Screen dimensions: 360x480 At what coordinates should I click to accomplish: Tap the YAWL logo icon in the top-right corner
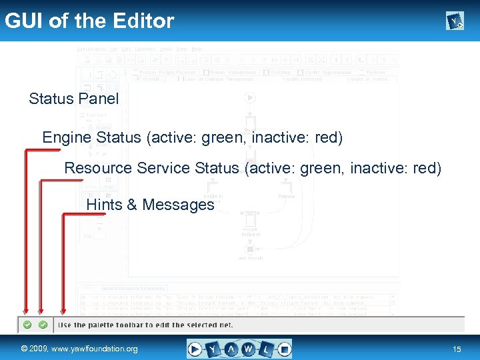[x=455, y=22]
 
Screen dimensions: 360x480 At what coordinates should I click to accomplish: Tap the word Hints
[x=104, y=205]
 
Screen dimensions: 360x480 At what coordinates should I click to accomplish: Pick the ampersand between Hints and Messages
[x=131, y=205]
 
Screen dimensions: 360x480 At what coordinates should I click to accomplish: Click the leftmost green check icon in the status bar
[x=27, y=325]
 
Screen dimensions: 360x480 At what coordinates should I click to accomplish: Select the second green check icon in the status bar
[x=43, y=325]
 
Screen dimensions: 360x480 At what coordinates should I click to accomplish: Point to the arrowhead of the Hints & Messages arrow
[x=63, y=310]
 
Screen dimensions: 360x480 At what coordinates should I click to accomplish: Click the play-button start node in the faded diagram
[x=250, y=98]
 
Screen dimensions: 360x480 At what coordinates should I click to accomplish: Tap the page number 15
[x=457, y=349]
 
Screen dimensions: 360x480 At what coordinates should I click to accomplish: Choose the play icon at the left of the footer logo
[x=195, y=349]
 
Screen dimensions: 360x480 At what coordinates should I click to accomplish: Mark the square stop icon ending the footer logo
[x=284, y=349]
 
